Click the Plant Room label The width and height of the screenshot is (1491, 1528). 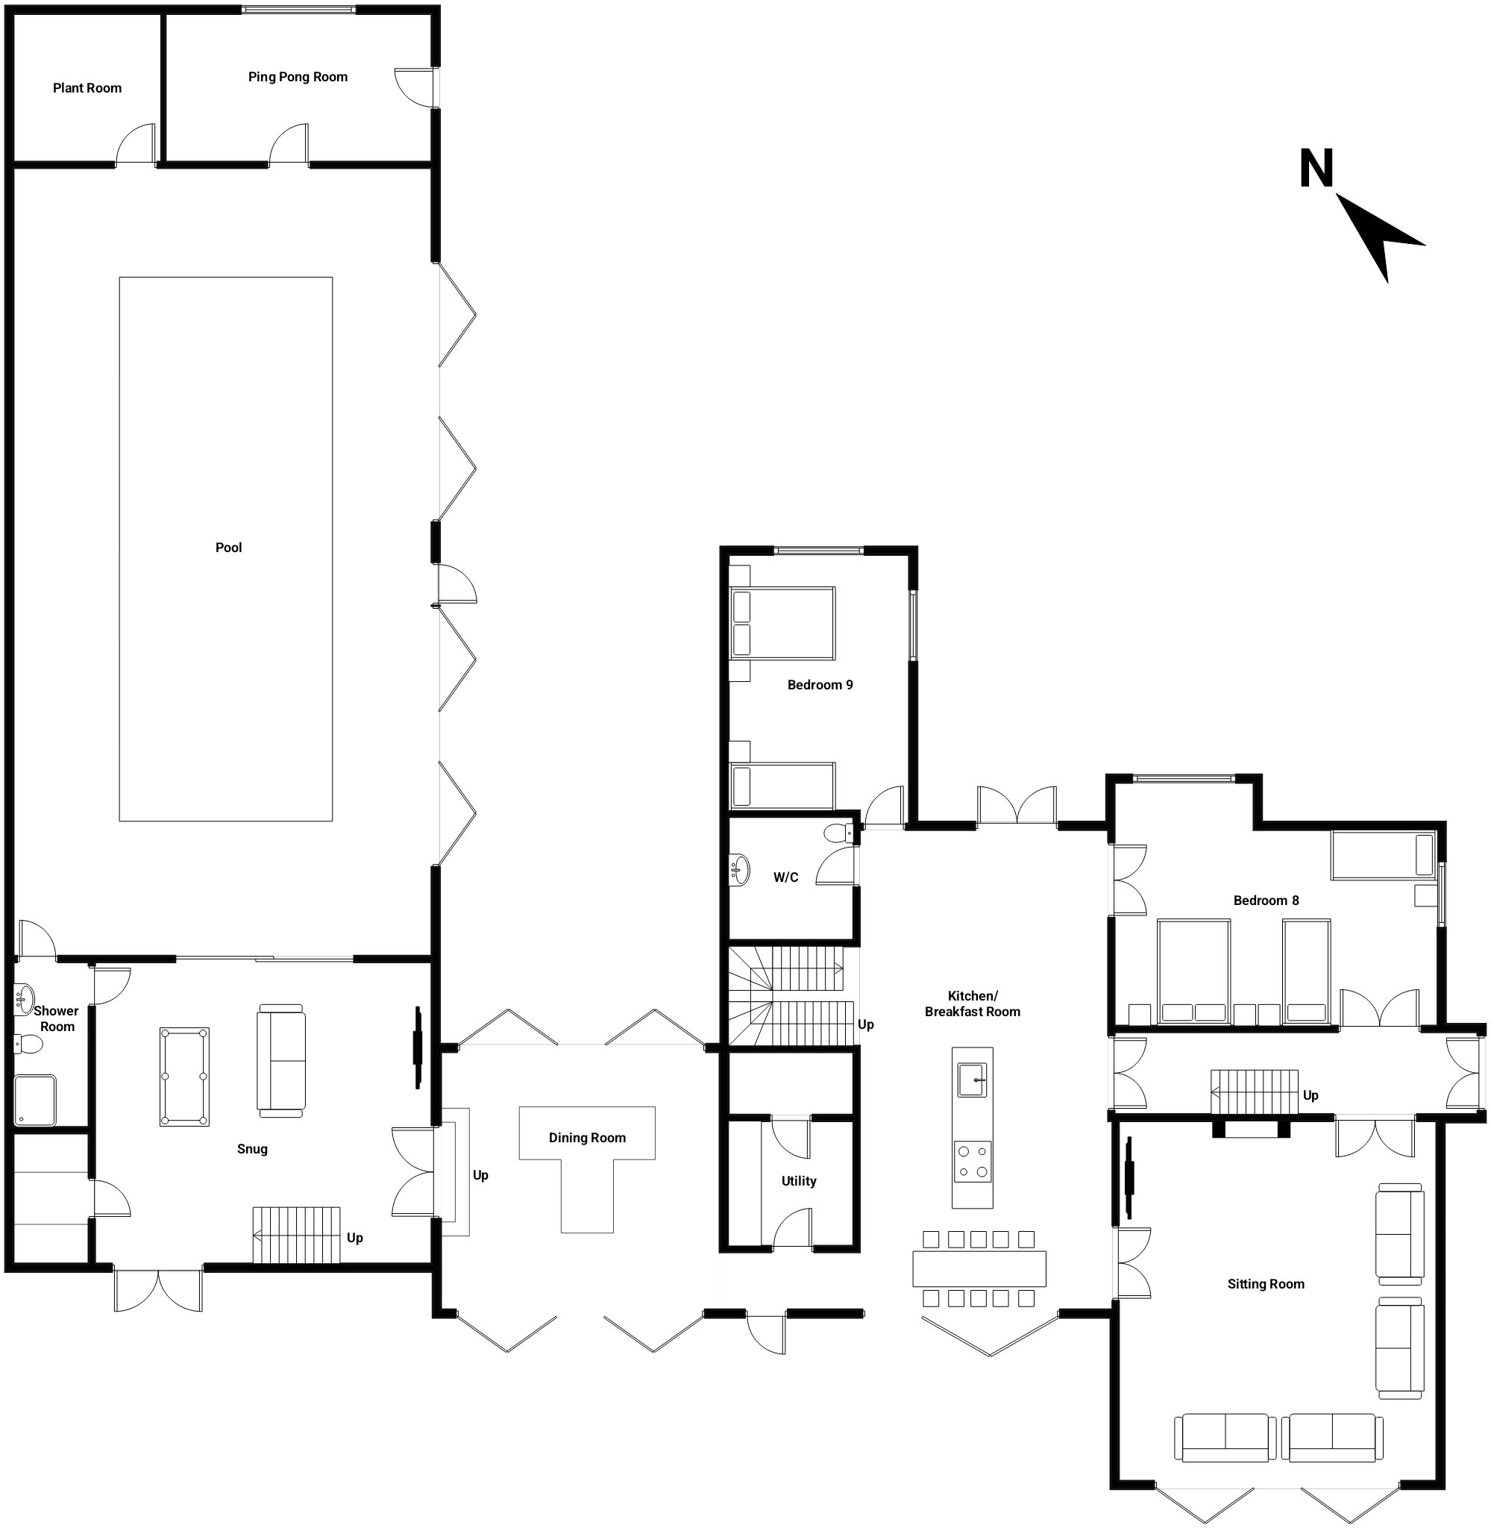click(x=87, y=88)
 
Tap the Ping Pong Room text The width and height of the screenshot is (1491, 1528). click(x=298, y=77)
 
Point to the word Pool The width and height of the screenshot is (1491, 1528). click(x=229, y=548)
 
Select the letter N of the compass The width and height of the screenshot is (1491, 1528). click(x=1316, y=169)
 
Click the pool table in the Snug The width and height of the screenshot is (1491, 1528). click(x=184, y=1077)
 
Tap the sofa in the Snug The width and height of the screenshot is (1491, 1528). click(x=280, y=1060)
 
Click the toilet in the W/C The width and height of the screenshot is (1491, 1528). click(x=839, y=833)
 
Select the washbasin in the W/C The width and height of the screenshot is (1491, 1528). click(x=738, y=868)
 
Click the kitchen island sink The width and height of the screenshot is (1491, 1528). click(x=973, y=1080)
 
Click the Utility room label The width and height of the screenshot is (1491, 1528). click(x=799, y=1181)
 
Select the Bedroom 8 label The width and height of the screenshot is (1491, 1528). click(x=1266, y=901)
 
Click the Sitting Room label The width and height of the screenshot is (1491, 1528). click(x=1266, y=1283)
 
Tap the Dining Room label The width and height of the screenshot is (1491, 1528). click(x=587, y=1138)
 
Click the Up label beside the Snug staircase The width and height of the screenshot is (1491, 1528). click(x=355, y=1239)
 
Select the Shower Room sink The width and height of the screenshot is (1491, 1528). click(x=25, y=998)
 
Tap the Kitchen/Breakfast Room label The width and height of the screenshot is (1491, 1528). click(x=973, y=1004)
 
